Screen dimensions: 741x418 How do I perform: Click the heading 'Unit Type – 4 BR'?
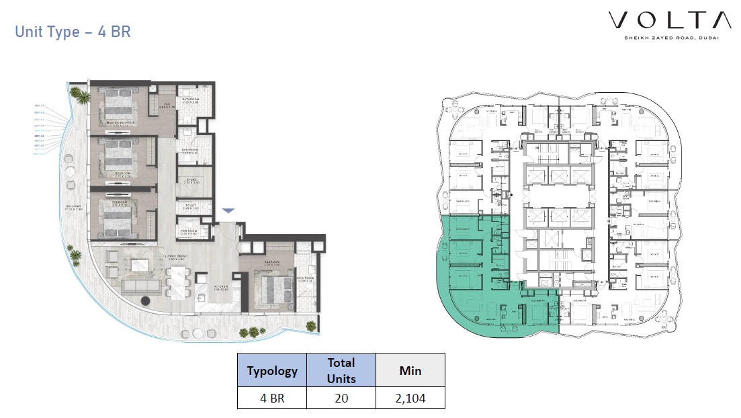tap(73, 32)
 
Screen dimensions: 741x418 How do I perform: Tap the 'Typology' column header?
tap(272, 371)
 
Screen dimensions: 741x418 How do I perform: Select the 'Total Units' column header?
tap(341, 370)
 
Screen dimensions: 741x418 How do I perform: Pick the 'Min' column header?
tap(410, 371)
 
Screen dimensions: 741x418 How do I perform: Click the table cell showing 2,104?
tap(410, 398)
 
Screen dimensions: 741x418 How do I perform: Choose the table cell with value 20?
tap(341, 398)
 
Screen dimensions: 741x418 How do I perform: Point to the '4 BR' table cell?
tap(272, 398)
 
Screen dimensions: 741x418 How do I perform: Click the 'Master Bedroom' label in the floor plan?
tap(120, 123)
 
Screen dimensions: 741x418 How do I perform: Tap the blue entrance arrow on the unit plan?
tap(228, 211)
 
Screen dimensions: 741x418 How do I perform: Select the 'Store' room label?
tap(190, 180)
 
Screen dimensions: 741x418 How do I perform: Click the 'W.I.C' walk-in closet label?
tap(163, 105)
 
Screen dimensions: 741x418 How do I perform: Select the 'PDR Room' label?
tap(189, 232)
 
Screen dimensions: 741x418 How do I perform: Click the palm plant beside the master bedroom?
tap(83, 97)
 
